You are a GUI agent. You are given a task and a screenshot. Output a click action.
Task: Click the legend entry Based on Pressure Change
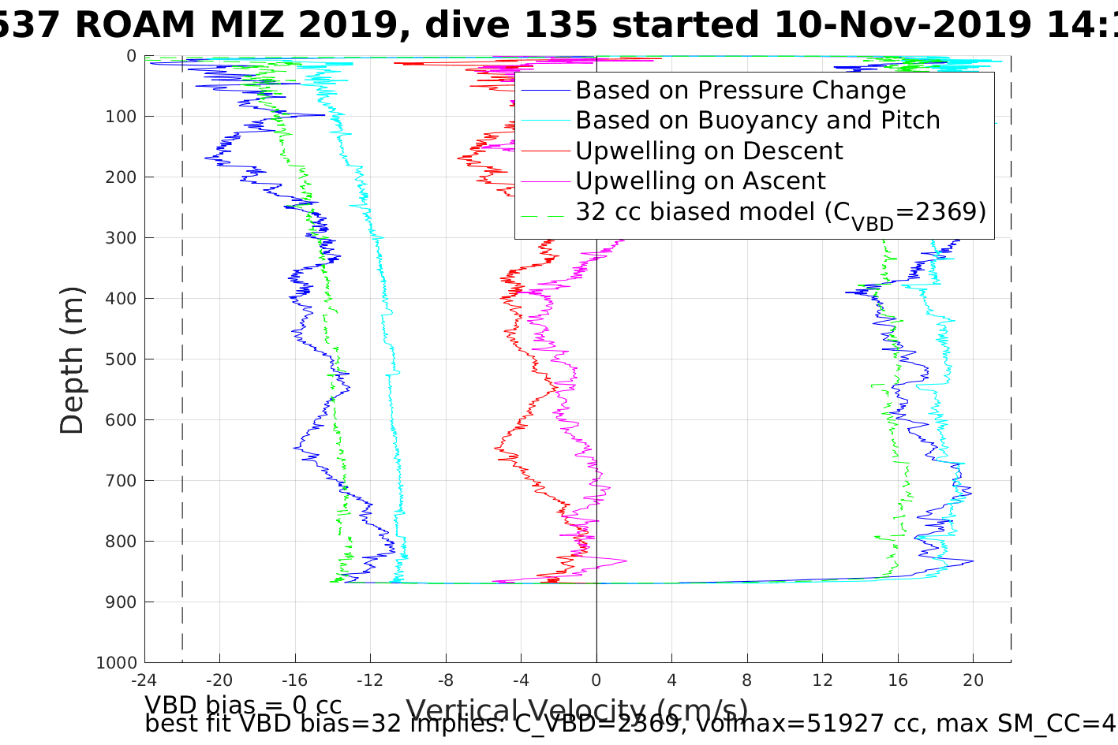tap(740, 91)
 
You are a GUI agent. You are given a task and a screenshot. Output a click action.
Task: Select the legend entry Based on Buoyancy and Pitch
tap(757, 121)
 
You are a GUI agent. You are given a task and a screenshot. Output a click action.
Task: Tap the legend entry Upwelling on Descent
tap(709, 151)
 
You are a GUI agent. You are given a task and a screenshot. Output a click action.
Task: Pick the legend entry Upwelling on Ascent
tap(700, 181)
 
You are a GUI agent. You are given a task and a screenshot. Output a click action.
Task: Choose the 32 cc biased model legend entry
tap(780, 212)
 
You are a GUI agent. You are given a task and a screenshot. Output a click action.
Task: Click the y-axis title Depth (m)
tap(72, 359)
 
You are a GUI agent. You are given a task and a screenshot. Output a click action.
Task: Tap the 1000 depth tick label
tap(118, 663)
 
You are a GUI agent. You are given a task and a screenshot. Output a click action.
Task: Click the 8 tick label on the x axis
tap(747, 680)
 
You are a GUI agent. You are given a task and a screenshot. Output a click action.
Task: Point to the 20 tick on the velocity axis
tap(974, 680)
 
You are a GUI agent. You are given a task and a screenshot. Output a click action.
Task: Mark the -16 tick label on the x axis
tap(294, 680)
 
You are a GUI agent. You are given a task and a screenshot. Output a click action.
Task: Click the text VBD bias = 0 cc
tap(243, 705)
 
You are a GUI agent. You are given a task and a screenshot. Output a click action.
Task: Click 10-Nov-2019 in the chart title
tap(900, 25)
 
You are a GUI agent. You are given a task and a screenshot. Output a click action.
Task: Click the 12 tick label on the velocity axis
tap(823, 680)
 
